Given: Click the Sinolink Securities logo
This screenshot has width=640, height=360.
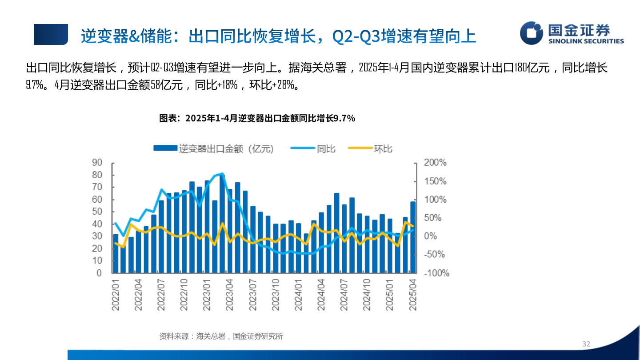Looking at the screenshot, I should [572, 33].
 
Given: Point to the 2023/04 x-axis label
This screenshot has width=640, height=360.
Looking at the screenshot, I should [230, 295].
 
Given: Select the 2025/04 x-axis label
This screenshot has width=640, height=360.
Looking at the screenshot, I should [413, 295].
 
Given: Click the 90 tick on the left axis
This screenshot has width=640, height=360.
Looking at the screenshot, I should [97, 163].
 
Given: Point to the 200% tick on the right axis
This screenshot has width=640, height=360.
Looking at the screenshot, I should [435, 163].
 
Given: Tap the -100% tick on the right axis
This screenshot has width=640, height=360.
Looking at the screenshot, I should [436, 273].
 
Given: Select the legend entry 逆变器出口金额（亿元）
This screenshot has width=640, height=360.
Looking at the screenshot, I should [214, 149].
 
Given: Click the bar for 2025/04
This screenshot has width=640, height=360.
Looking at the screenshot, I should [413, 237].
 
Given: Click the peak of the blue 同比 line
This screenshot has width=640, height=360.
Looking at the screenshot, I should [222, 174].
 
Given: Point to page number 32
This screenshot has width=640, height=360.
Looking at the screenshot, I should [586, 344].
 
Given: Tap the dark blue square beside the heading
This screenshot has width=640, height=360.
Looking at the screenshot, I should [51, 35].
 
